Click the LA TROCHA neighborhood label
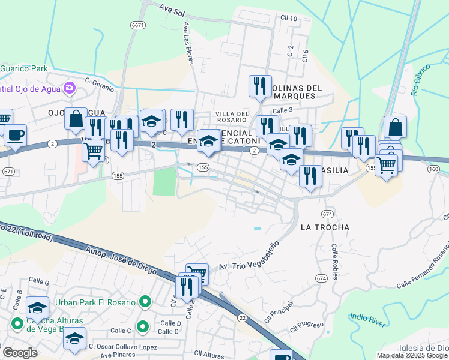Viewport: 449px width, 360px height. pyautogui.click(x=324, y=227)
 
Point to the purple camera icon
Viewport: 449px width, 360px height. pyautogui.click(x=70, y=88)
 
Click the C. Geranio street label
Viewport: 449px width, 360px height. pyautogui.click(x=99, y=85)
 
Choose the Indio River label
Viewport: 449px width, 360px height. pyautogui.click(x=368, y=319)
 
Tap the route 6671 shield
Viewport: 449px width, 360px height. pyautogui.click(x=138, y=25)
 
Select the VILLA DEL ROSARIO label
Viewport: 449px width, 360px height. pyautogui.click(x=232, y=116)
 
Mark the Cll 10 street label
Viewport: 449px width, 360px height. pyautogui.click(x=289, y=19)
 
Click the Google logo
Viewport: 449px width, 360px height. pyautogui.click(x=20, y=353)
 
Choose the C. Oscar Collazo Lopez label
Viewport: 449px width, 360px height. pyautogui.click(x=122, y=347)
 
